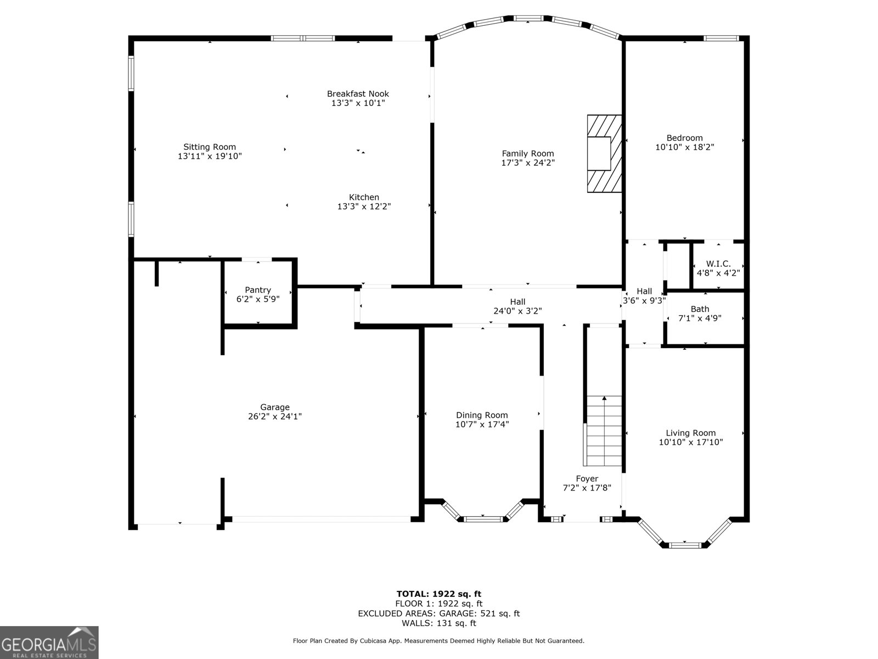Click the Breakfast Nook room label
(358, 94)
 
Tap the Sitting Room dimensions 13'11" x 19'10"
(210, 157)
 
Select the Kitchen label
(364, 198)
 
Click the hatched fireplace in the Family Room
(604, 154)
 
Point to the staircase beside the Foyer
(604, 431)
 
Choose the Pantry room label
(258, 290)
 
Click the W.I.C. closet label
(718, 264)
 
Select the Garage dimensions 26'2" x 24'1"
(275, 417)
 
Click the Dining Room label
(482, 415)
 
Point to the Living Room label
(690, 433)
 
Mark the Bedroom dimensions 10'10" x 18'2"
(684, 147)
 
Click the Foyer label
(587, 479)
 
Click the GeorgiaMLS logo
(49, 642)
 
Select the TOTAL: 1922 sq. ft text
(438, 594)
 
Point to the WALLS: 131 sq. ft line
(438, 623)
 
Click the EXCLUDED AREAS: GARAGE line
(438, 613)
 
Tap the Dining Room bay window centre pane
(483, 518)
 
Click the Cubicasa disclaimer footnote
(438, 641)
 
